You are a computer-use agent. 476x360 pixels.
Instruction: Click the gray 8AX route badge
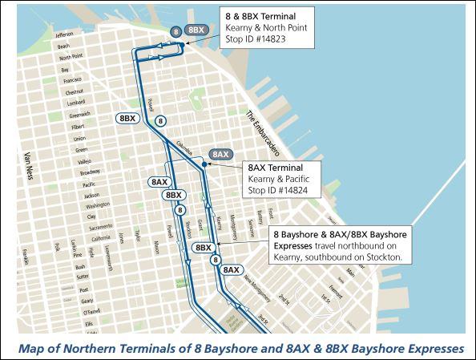click(220, 153)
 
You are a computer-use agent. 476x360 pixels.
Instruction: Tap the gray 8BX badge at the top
click(196, 30)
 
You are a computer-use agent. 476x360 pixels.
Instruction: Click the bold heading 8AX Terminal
click(273, 168)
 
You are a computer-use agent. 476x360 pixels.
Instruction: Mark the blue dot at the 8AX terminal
click(205, 164)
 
